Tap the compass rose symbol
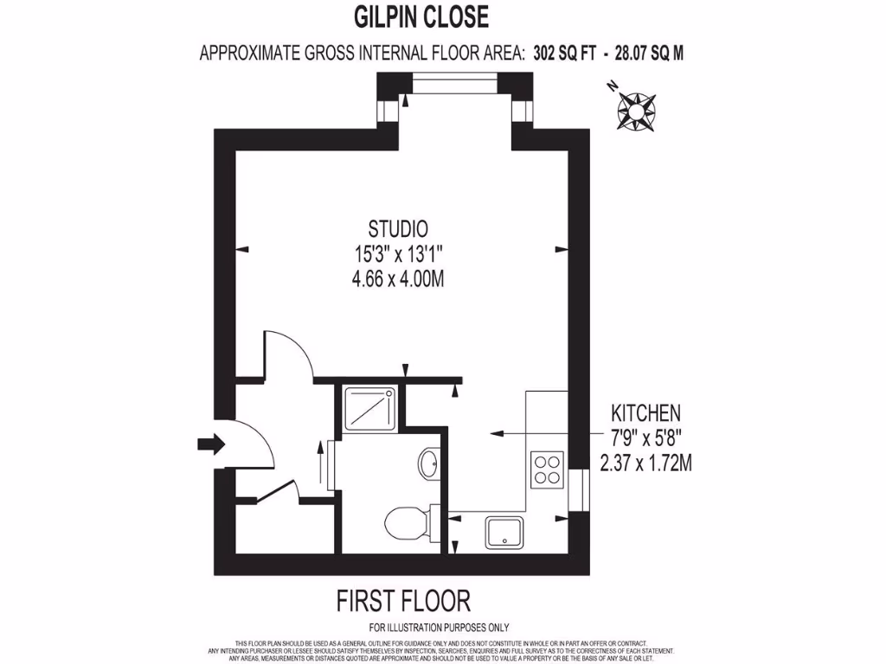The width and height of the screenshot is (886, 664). pos(636,110)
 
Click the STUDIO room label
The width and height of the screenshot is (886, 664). pos(398,230)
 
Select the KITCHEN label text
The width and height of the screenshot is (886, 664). pos(645,412)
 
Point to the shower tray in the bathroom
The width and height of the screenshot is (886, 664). pos(372,408)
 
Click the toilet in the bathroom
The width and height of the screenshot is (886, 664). pos(404,522)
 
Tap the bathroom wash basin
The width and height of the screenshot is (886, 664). pos(429,463)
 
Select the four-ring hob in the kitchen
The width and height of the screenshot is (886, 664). pos(548,469)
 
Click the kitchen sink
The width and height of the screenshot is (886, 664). pos(504,531)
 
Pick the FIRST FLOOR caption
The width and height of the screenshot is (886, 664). pos(402,600)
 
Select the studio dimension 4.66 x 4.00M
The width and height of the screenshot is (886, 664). pos(398,278)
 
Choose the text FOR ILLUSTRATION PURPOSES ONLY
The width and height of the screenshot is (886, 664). pos(439,628)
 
